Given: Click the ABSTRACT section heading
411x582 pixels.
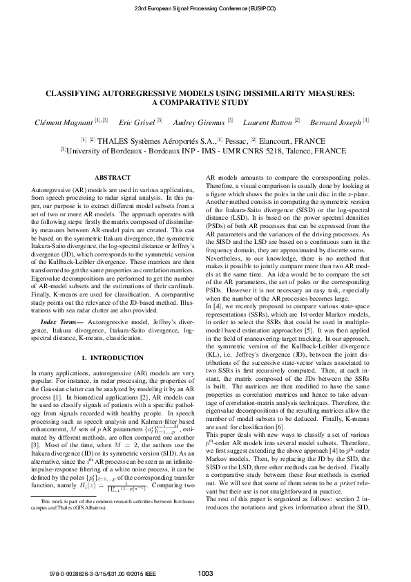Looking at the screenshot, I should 111,178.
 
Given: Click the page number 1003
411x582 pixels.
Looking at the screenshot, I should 205,572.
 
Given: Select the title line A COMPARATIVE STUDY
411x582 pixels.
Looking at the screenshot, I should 205,102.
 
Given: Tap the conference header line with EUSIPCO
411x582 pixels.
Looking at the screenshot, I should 205,8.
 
